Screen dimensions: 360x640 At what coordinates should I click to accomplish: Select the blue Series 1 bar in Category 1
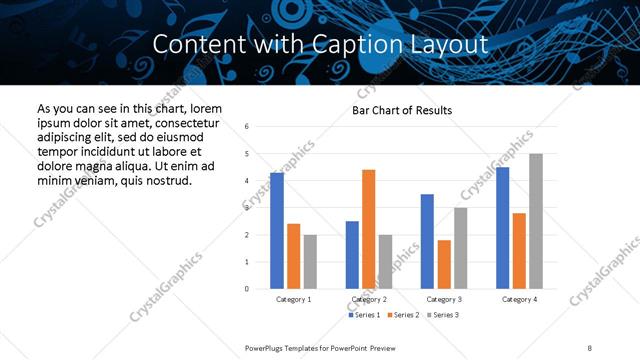[x=277, y=230]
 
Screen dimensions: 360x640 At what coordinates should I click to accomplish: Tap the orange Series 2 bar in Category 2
[x=368, y=229]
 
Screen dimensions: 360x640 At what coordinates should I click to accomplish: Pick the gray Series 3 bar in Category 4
[x=536, y=221]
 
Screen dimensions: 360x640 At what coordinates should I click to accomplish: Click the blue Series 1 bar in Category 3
[x=427, y=241]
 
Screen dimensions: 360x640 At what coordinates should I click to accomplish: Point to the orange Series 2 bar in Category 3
[x=444, y=264]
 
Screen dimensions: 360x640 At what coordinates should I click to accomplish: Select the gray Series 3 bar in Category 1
[x=310, y=261]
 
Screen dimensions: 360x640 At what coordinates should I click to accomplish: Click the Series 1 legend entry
[x=364, y=315]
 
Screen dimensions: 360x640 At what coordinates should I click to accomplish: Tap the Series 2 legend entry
[x=403, y=315]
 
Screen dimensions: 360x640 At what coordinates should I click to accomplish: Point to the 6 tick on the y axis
[x=247, y=126]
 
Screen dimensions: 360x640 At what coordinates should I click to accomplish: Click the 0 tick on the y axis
[x=247, y=289]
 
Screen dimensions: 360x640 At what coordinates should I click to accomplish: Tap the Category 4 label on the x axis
[x=519, y=299]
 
